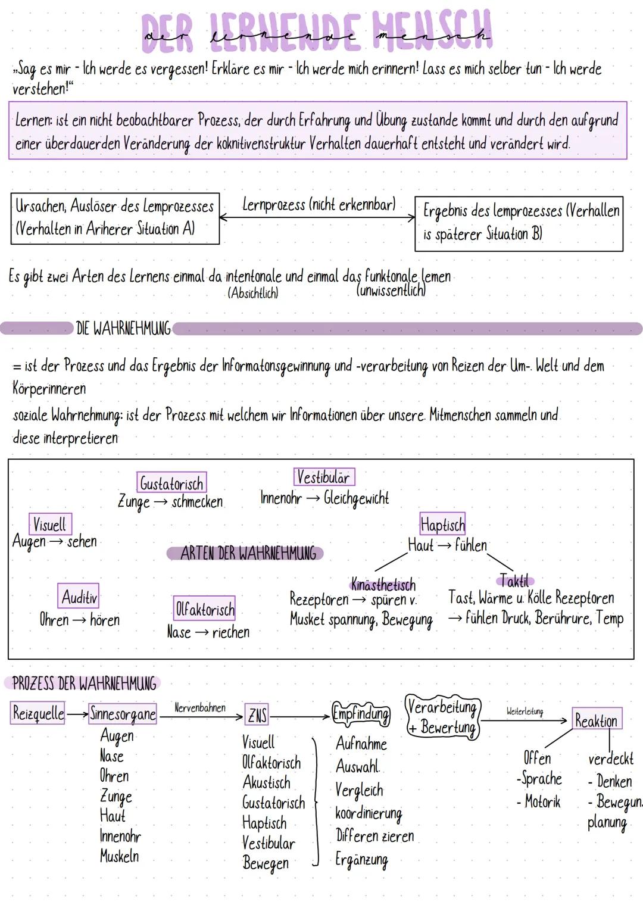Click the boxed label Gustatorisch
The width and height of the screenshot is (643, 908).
coord(171,483)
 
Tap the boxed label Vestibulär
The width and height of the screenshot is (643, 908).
coord(323,477)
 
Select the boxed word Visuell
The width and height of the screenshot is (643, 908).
coord(50,525)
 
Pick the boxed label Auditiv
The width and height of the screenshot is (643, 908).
coord(79,596)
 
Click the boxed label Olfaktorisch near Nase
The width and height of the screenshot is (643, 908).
coord(204,609)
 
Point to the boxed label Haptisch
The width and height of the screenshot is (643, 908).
coord(442,524)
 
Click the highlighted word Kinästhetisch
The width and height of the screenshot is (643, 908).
coord(383,584)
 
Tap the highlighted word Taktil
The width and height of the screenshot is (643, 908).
coord(515,581)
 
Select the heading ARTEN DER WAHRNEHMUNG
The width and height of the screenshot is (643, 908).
coord(248,553)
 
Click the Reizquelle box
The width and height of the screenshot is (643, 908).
coord(38,713)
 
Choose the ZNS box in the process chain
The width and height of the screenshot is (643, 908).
coord(257,715)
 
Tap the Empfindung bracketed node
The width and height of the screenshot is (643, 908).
coord(361,713)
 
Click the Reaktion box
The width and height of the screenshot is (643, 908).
coord(597,720)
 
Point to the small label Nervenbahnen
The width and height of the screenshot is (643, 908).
coord(200,708)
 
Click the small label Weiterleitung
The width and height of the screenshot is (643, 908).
coord(525,712)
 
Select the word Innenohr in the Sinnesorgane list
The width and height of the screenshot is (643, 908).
coord(120,837)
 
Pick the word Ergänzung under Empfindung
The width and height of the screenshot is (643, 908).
coord(361,859)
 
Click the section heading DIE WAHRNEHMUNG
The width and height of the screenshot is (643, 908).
coord(123,328)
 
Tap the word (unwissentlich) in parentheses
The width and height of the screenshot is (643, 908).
coord(392,291)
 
